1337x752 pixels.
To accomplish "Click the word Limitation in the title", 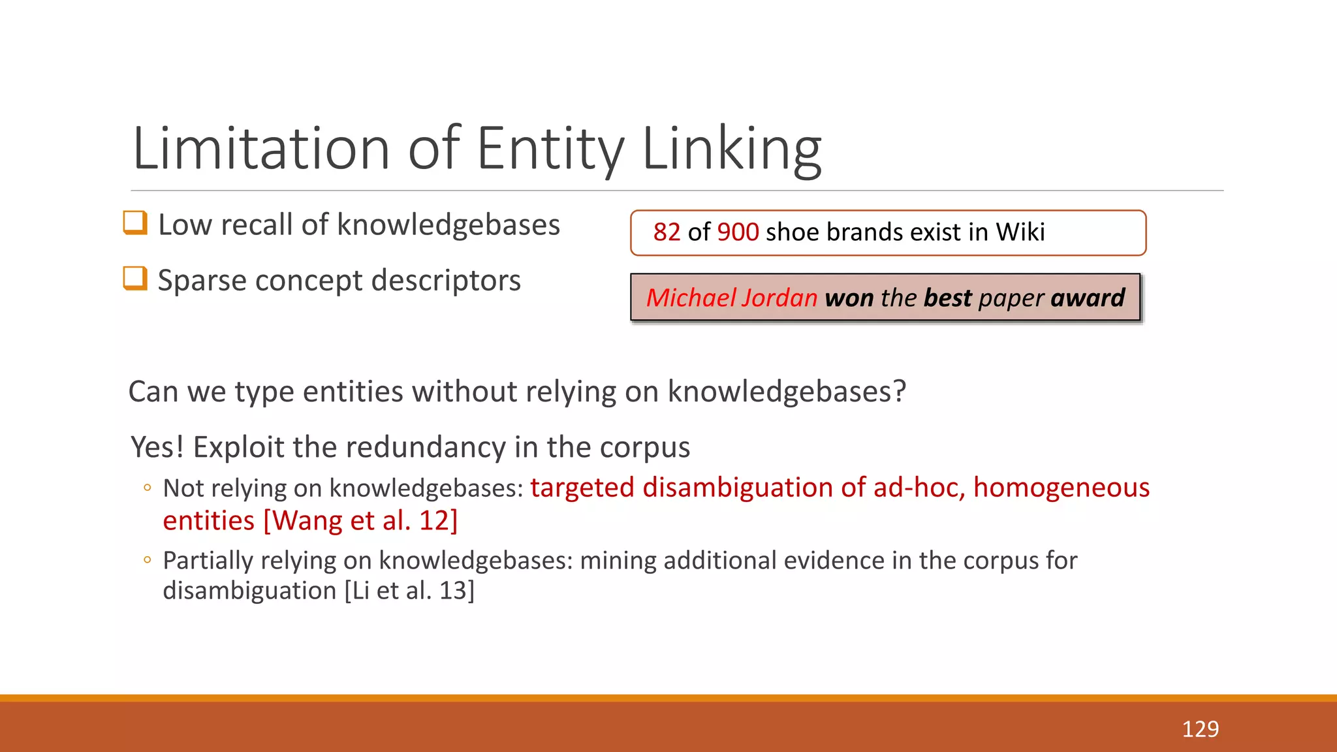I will click(x=260, y=149).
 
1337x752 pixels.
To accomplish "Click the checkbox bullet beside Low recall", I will click(x=135, y=223).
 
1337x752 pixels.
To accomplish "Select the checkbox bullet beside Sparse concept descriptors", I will click(x=135, y=279).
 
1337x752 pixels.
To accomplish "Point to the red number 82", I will click(x=667, y=232).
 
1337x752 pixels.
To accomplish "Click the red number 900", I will click(x=738, y=232).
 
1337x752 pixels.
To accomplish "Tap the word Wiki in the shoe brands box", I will click(x=1020, y=232).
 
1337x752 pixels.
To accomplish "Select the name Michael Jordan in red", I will click(x=732, y=298).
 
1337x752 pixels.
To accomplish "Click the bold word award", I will click(x=1088, y=298).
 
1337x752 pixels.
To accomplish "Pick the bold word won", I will click(x=849, y=298).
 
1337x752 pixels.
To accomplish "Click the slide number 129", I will click(x=1200, y=729).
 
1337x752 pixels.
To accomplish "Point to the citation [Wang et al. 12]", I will click(x=360, y=521).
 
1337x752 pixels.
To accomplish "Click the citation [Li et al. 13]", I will click(x=409, y=591).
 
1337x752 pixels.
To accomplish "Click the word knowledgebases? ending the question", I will click(x=786, y=392).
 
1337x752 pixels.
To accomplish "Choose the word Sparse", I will click(x=202, y=281).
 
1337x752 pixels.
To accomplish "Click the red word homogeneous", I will click(x=1061, y=488).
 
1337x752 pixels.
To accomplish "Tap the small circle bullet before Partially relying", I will click(x=148, y=560).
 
